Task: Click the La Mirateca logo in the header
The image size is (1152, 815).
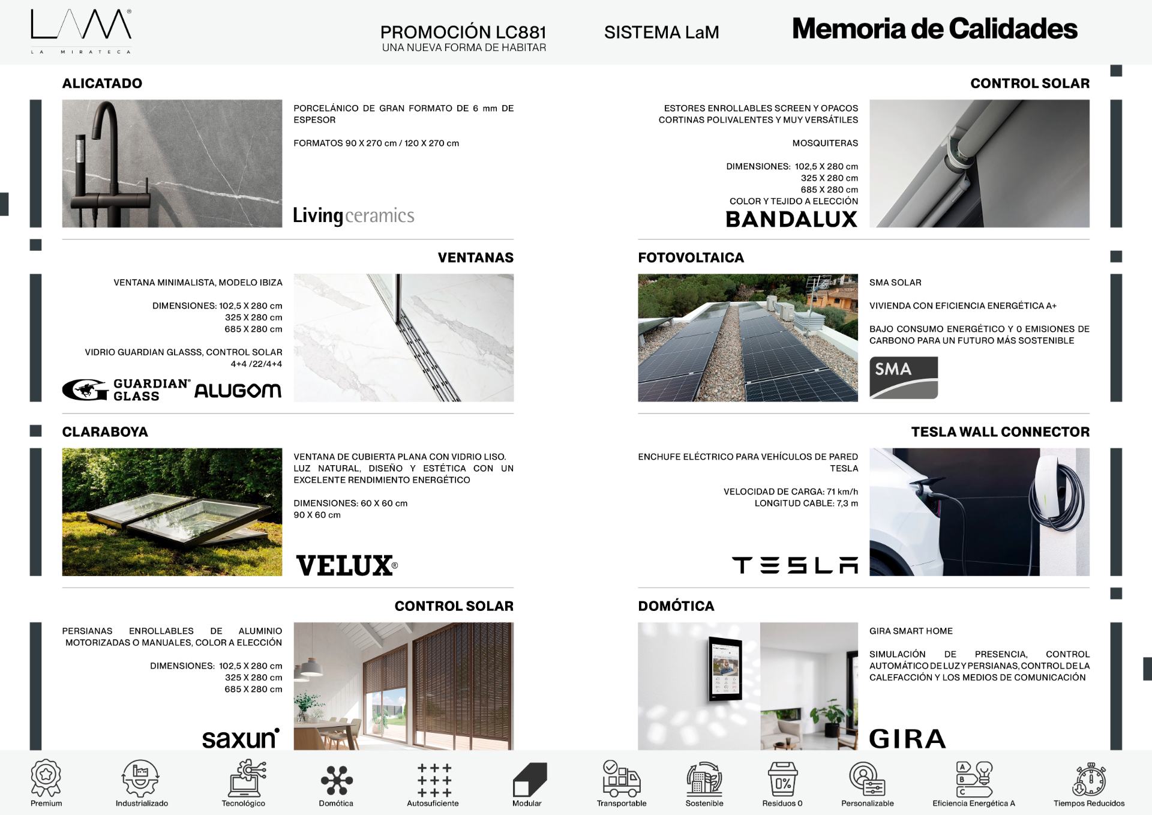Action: pyautogui.click(x=81, y=31)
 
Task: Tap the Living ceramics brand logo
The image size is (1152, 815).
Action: pyautogui.click(x=353, y=215)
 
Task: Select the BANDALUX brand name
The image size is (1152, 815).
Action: pyautogui.click(x=791, y=220)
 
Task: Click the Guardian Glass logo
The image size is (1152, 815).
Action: pyautogui.click(x=127, y=390)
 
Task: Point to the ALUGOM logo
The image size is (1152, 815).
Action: pyautogui.click(x=238, y=391)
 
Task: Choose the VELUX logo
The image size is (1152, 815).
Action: pyautogui.click(x=346, y=565)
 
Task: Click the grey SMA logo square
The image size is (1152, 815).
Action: pyautogui.click(x=903, y=377)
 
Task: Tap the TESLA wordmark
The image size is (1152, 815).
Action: pyautogui.click(x=794, y=565)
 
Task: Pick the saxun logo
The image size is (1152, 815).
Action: pyautogui.click(x=241, y=739)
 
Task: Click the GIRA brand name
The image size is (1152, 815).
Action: pyautogui.click(x=907, y=739)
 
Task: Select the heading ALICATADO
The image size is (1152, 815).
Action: pyautogui.click(x=102, y=83)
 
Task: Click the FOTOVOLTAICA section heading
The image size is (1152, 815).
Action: pyautogui.click(x=691, y=257)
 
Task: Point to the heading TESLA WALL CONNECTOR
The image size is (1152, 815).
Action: pyautogui.click(x=1000, y=432)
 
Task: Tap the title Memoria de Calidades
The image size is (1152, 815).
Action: pyautogui.click(x=934, y=29)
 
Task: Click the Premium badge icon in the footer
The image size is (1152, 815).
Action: pyautogui.click(x=46, y=778)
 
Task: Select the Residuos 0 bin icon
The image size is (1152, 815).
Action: pyautogui.click(x=782, y=780)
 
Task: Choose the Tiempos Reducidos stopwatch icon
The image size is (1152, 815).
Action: pyautogui.click(x=1088, y=780)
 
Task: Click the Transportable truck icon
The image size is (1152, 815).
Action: pyautogui.click(x=621, y=778)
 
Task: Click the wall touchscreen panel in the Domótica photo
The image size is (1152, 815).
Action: pyautogui.click(x=725, y=667)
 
